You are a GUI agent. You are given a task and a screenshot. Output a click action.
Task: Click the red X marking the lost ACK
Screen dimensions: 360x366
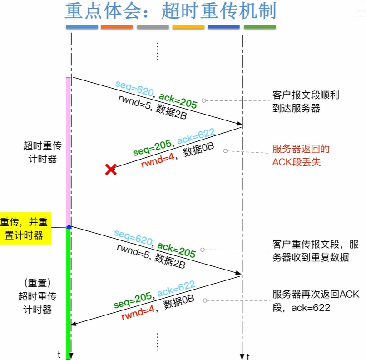pyautogui.click(x=110, y=170)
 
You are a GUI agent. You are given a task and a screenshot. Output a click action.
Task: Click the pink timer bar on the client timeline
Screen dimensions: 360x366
pyautogui.click(x=69, y=150)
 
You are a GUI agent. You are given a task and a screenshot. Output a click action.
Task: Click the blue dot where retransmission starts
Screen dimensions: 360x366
pyautogui.click(x=69, y=227)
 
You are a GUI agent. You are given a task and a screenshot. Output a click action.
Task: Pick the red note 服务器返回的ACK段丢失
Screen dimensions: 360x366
pyautogui.click(x=301, y=155)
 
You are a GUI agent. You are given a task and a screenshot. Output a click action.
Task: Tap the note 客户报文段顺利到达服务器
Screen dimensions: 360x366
pyautogui.click(x=306, y=102)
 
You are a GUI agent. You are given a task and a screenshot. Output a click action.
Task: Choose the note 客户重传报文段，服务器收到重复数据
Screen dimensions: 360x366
pyautogui.click(x=315, y=250)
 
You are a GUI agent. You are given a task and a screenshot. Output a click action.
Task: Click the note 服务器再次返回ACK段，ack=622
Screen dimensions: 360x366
pyautogui.click(x=315, y=300)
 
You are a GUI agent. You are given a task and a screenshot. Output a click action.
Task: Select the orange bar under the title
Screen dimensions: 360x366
pyautogui.click(x=117, y=27)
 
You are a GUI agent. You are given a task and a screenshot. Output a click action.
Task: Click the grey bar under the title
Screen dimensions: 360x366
pyautogui.click(x=153, y=27)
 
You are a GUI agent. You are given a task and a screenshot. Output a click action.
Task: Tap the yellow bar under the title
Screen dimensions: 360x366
pyautogui.click(x=188, y=27)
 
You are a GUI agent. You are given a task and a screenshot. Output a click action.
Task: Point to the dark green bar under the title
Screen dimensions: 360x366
pyautogui.click(x=260, y=27)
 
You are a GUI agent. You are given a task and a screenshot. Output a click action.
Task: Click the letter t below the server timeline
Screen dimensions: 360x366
pyautogui.click(x=248, y=356)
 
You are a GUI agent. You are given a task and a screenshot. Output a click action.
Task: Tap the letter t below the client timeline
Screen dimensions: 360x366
pyautogui.click(x=59, y=355)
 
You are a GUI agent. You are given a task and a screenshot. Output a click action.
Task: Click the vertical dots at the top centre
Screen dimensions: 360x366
pyautogui.click(x=157, y=51)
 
